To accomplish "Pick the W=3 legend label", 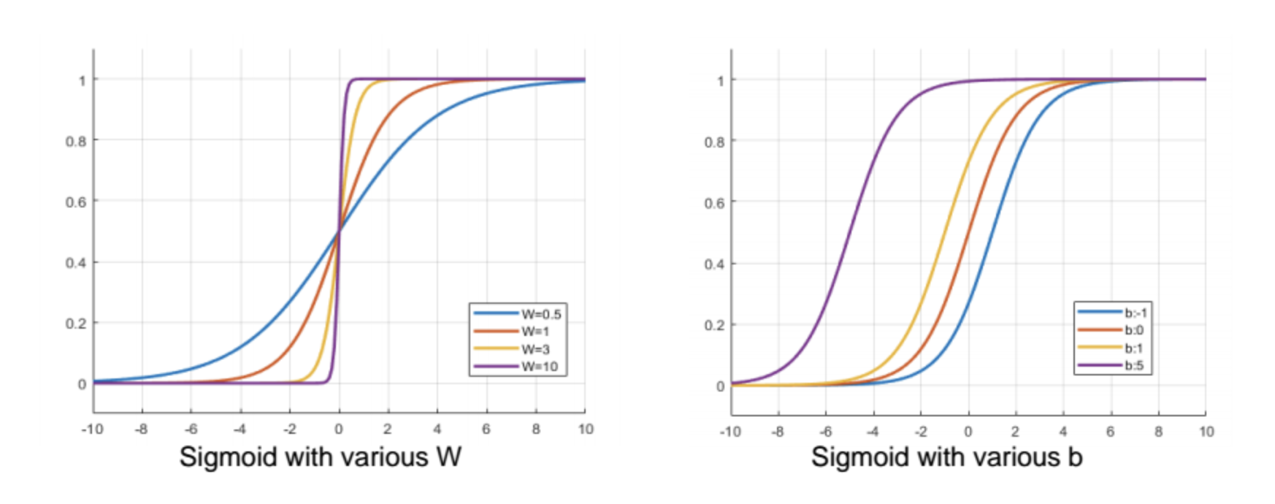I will (535, 349).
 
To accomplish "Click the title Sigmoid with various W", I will (320, 457).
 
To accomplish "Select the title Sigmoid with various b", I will (946, 457).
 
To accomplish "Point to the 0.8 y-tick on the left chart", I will (76, 141).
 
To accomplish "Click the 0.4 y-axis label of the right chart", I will (714, 264).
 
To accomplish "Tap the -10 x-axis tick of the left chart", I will (92, 429).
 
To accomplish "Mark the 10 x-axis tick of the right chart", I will (1206, 432).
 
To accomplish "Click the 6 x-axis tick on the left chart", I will (486, 429).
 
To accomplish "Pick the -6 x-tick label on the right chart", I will (825, 432).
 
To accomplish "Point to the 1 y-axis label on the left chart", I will (83, 80).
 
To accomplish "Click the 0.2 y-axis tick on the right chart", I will (714, 325).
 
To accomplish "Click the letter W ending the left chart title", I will (448, 457).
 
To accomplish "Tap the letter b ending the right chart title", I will (1074, 457).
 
